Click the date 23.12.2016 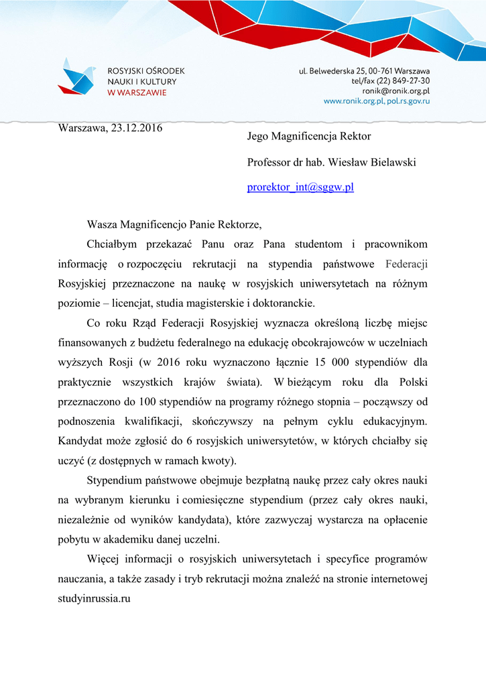[133, 127]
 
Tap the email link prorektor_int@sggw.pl [300, 187]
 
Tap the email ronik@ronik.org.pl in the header [396, 90]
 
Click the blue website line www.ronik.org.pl [353, 100]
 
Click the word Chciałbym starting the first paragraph [112, 245]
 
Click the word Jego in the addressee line [259, 137]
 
